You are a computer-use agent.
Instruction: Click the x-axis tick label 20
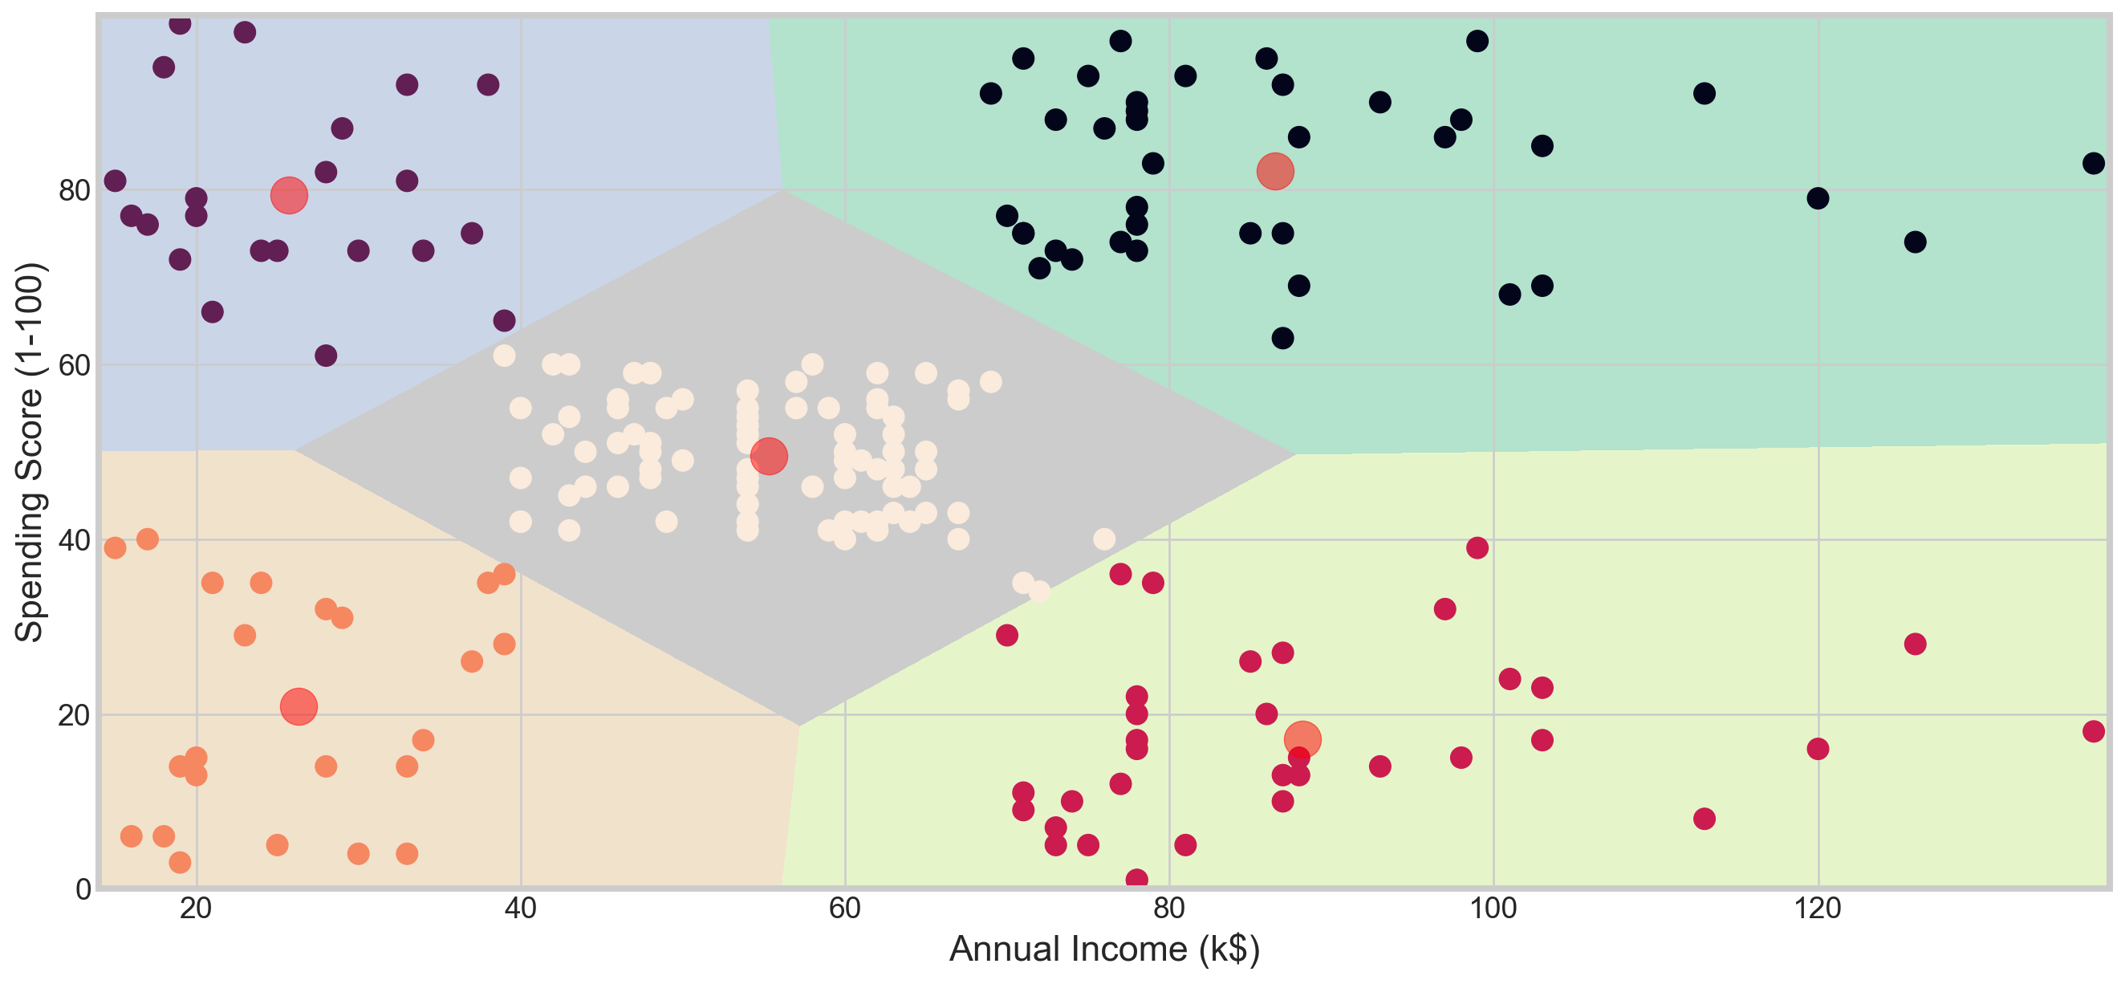point(196,908)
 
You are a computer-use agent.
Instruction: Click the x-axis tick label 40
point(520,908)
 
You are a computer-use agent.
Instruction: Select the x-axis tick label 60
point(844,908)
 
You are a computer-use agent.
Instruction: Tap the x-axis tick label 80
point(1169,908)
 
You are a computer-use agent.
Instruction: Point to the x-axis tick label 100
point(1493,908)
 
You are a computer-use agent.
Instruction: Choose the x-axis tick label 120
point(1818,908)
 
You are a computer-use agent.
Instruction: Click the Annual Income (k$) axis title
point(1103,949)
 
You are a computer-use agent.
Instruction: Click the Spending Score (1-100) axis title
point(30,452)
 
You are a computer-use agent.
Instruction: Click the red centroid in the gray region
point(769,457)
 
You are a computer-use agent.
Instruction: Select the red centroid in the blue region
point(289,196)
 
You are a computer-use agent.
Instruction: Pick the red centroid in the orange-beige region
point(299,707)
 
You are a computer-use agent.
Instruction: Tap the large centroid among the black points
point(1274,172)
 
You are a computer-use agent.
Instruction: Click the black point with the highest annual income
point(2093,163)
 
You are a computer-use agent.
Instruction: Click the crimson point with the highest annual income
point(2093,731)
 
